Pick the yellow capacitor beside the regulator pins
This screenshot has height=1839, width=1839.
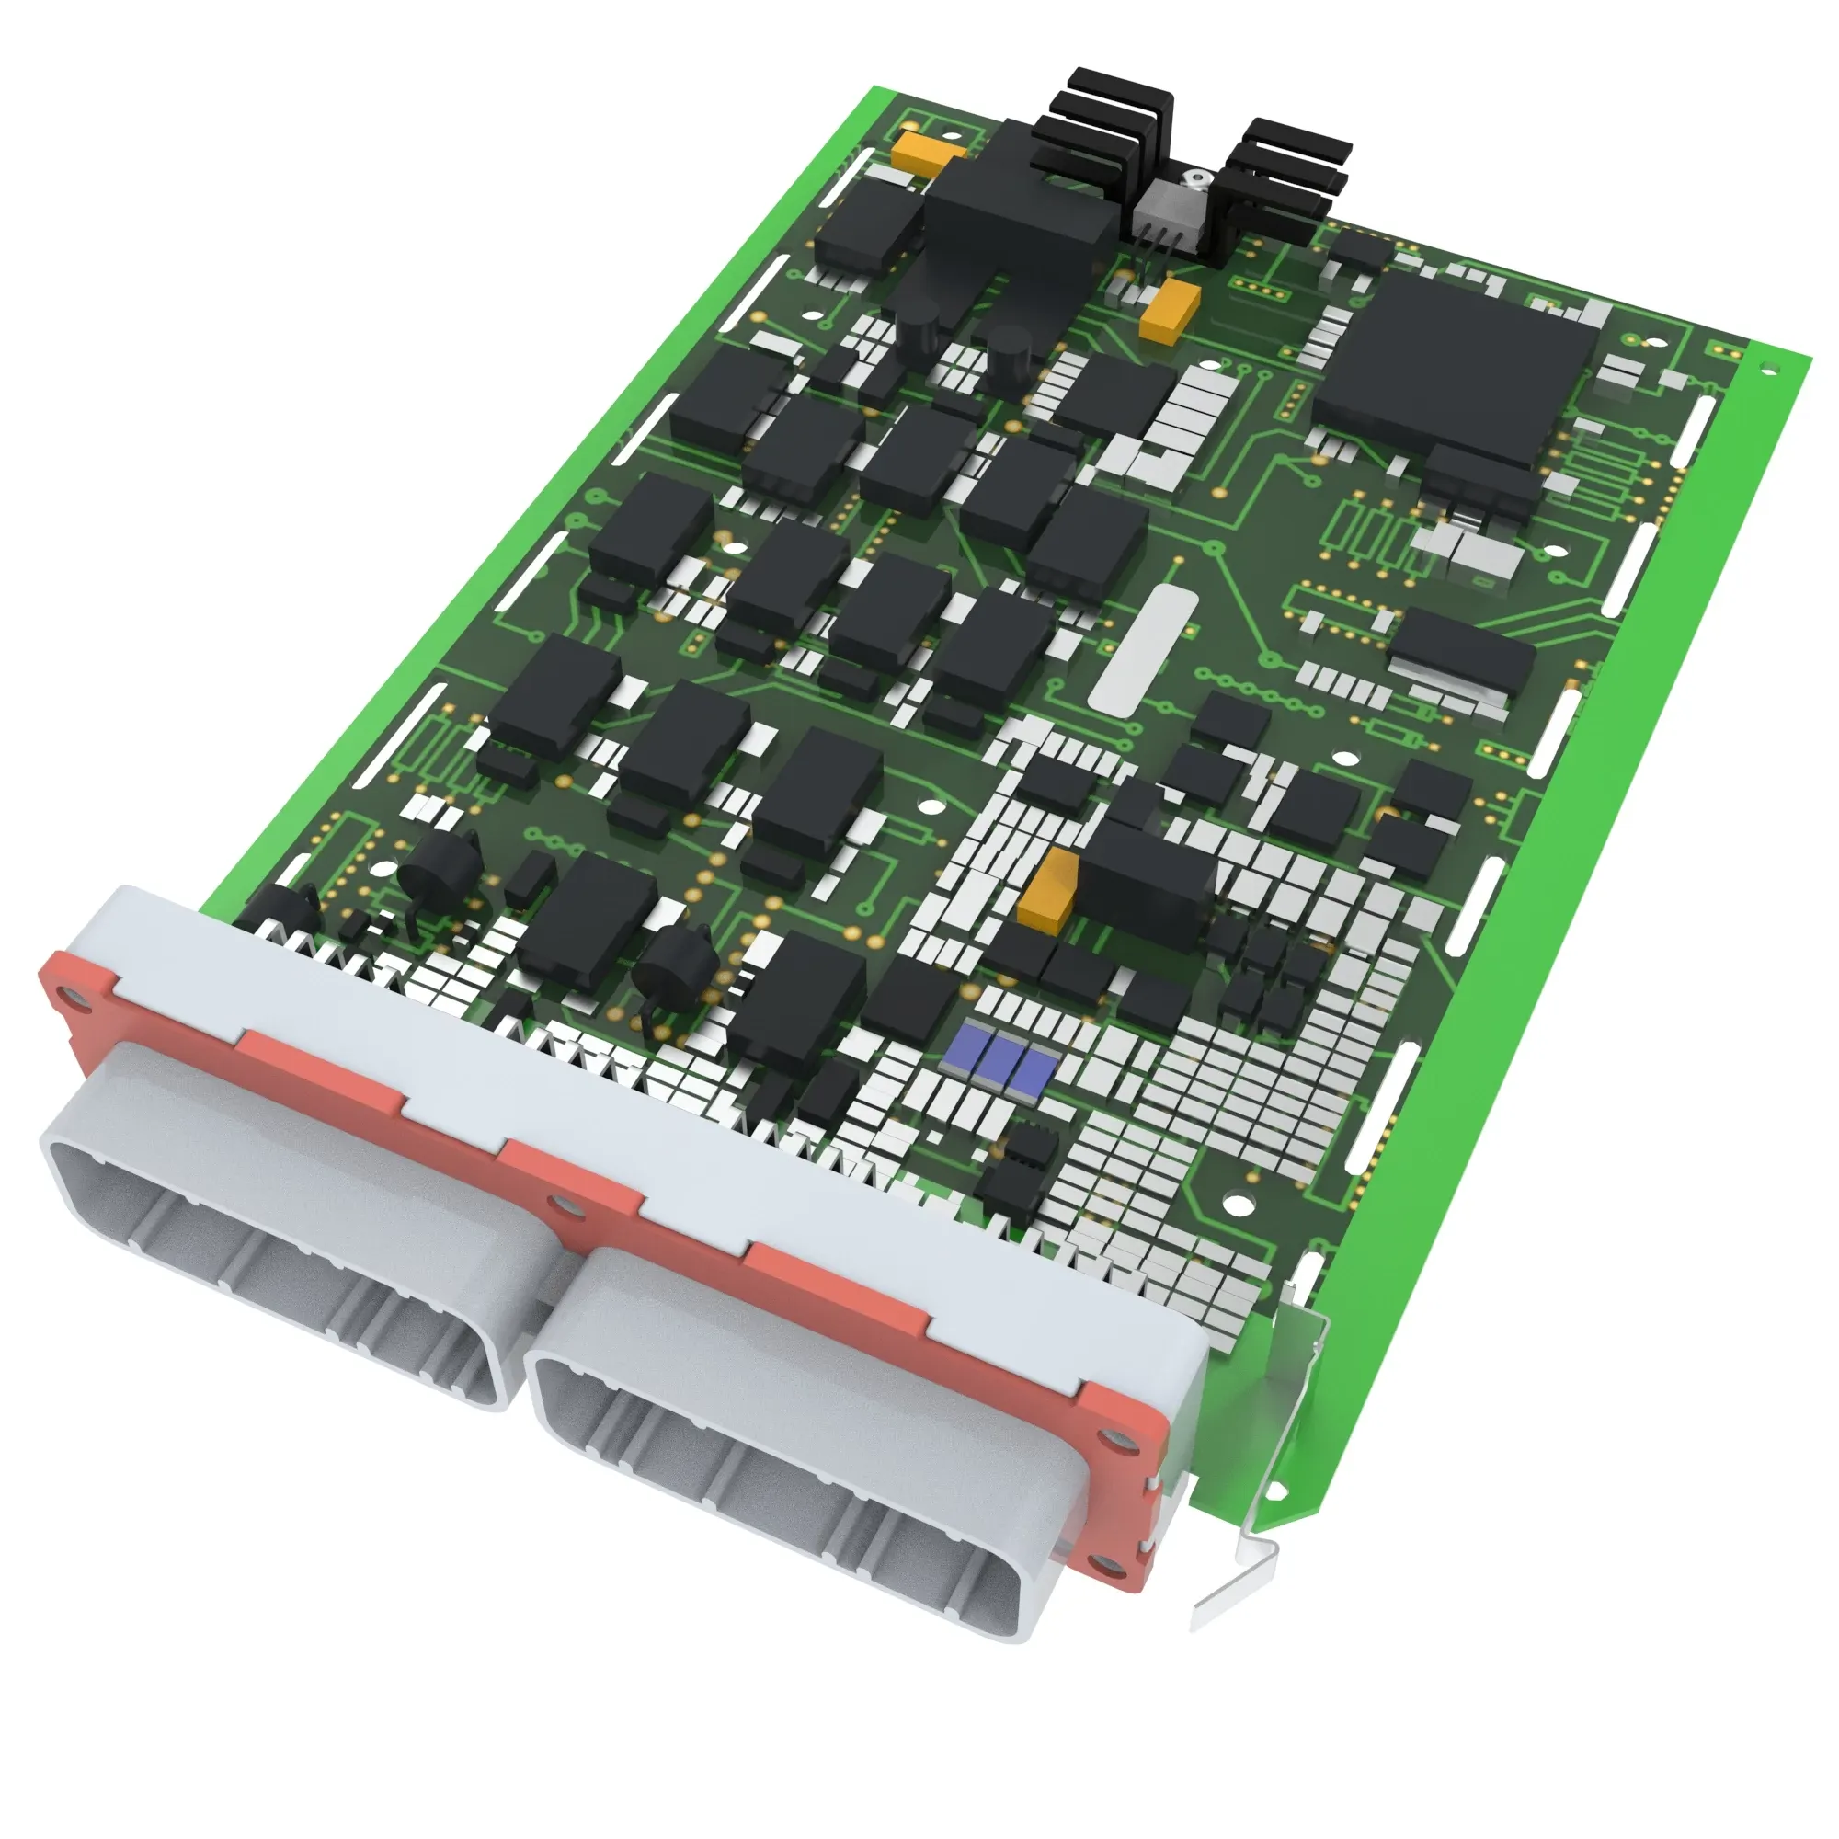coord(1169,309)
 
